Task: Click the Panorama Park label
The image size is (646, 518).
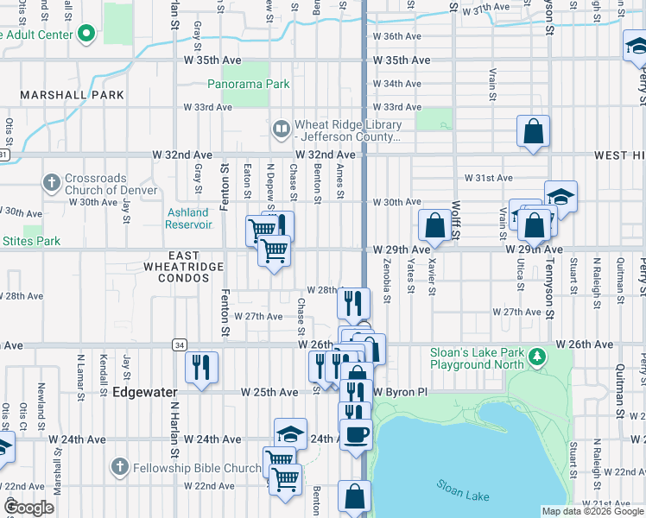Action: [248, 85]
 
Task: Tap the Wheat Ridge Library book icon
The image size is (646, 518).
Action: [281, 129]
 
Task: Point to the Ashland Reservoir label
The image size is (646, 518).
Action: [188, 218]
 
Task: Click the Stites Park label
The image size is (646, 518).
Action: [32, 241]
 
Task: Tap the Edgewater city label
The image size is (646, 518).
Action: [142, 391]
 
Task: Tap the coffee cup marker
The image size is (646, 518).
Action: [354, 433]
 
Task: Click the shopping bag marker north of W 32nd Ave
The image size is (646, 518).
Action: [534, 131]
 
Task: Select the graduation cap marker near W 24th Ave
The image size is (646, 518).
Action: [290, 433]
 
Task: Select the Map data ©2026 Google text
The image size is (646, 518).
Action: [591, 511]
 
